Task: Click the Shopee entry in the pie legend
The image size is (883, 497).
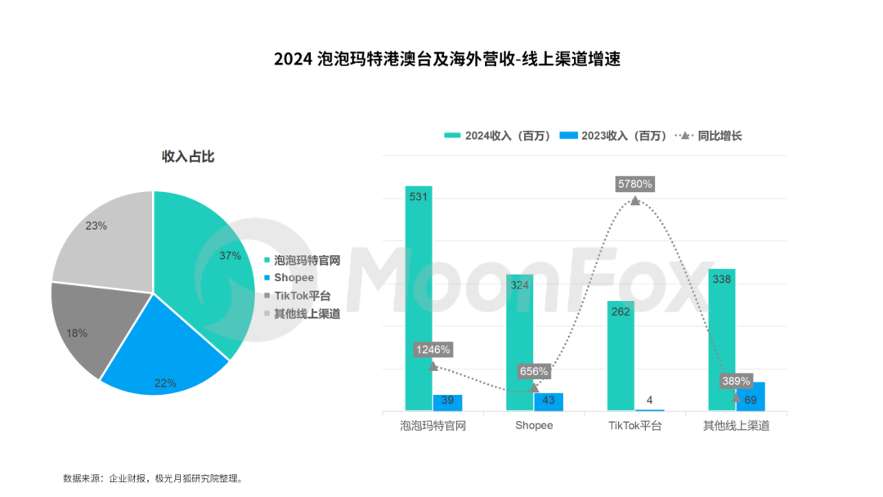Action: [x=294, y=278]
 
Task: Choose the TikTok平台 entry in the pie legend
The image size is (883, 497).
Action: [x=302, y=296]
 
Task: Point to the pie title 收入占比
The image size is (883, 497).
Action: [x=187, y=156]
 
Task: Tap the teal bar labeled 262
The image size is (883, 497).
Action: [x=621, y=360]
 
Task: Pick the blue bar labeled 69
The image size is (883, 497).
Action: [x=751, y=397]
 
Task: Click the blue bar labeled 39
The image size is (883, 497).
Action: [x=447, y=402]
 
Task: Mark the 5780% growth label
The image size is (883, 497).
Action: [x=635, y=184]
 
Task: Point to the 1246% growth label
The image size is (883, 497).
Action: [x=433, y=349]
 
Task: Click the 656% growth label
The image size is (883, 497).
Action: [x=534, y=371]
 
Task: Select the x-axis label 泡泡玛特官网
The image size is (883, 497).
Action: [x=433, y=426]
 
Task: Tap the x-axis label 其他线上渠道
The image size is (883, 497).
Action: [x=737, y=426]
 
